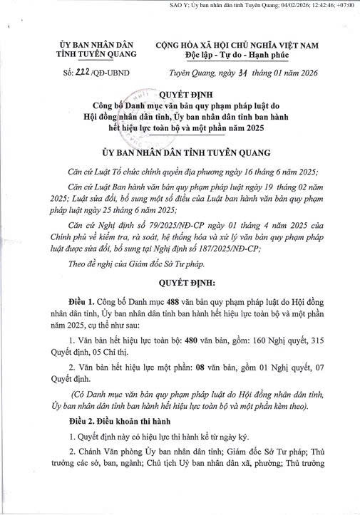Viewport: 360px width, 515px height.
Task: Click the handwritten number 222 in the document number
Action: [x=82, y=73]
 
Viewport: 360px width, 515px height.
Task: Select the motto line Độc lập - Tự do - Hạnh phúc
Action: [x=237, y=54]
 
